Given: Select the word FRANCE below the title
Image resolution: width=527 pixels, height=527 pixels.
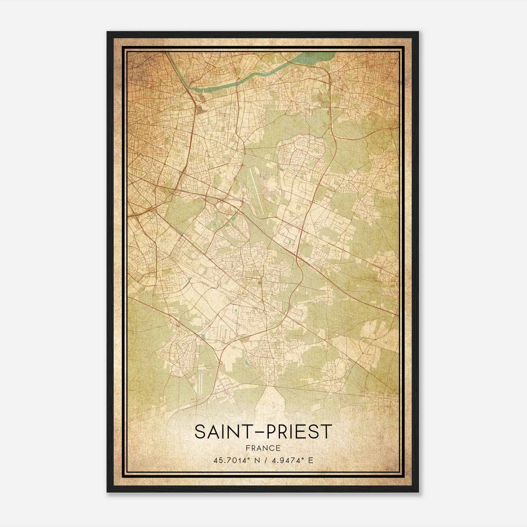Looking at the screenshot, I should pos(263,448).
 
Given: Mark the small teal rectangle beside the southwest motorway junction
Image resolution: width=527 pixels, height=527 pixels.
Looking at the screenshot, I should pos(202,336).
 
